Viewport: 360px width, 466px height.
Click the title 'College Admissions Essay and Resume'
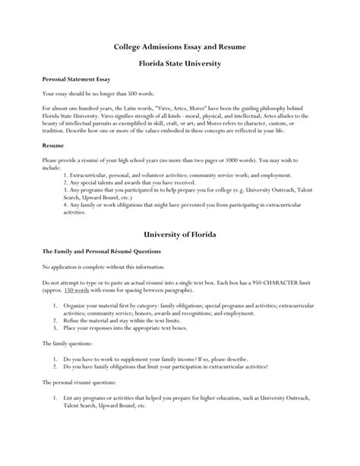click(180, 46)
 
